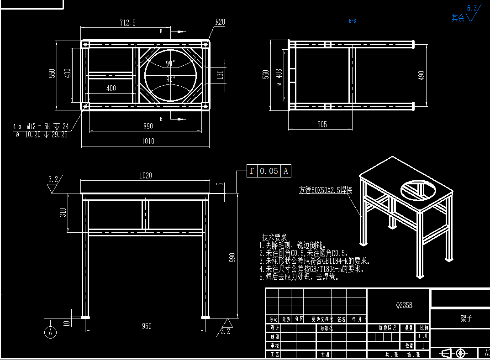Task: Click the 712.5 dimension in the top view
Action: (x=127, y=23)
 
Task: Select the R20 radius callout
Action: (x=220, y=21)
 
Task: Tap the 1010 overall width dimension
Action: (x=148, y=141)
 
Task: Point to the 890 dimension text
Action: (x=148, y=126)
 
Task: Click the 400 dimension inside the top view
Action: (x=111, y=89)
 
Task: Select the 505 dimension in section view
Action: (x=321, y=125)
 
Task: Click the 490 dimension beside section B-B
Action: (x=422, y=75)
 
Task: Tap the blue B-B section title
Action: (x=353, y=21)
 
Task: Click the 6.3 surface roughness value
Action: (x=472, y=8)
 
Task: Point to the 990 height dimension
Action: (x=232, y=258)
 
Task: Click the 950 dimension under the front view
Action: (x=147, y=326)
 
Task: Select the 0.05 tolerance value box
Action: (x=269, y=171)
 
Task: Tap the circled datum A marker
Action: (x=50, y=332)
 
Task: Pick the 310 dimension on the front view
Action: (x=63, y=212)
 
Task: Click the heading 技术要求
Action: (x=274, y=238)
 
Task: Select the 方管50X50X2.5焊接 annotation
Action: (x=326, y=190)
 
